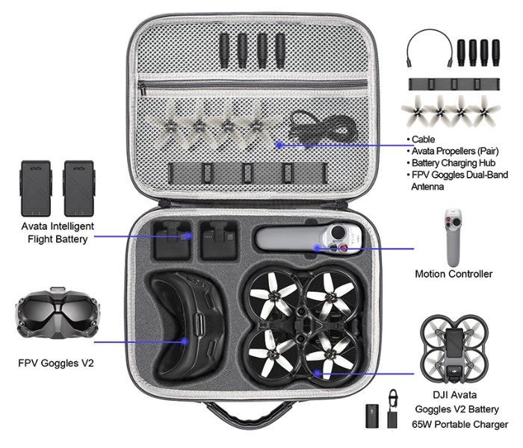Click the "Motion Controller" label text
point(454,274)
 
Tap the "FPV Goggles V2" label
point(56,363)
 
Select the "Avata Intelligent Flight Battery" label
point(58,233)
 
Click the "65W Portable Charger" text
point(460,424)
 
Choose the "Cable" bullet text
point(421,140)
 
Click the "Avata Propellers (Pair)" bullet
point(453,151)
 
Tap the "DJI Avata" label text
point(454,395)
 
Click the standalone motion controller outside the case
point(454,237)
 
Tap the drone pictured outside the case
point(454,349)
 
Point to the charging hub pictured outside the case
point(454,84)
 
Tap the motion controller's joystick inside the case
point(338,232)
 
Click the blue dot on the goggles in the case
point(185,342)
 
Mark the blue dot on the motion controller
point(317,248)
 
